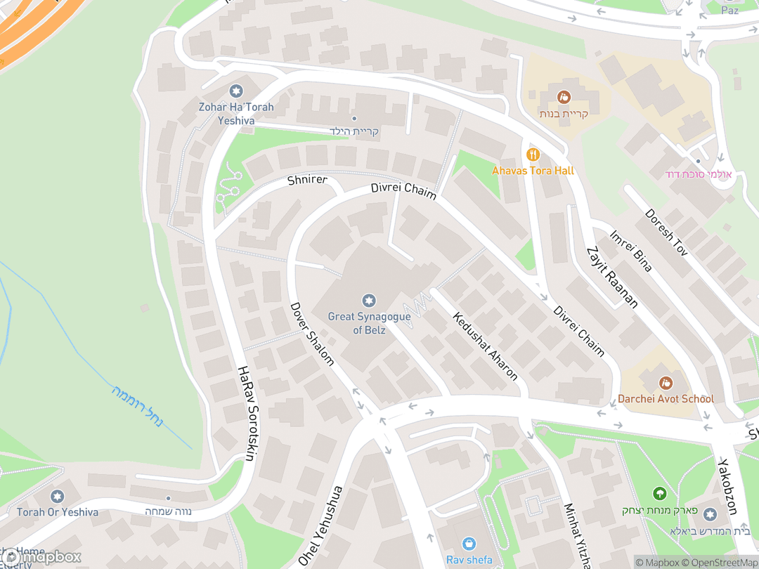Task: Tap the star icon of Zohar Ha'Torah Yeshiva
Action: [235, 91]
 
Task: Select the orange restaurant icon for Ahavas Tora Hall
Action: [533, 154]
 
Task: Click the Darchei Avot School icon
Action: [665, 383]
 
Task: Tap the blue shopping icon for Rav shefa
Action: [469, 544]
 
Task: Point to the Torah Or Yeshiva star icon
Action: [58, 497]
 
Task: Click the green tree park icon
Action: [659, 494]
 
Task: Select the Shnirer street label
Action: [307, 180]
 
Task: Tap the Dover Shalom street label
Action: [311, 334]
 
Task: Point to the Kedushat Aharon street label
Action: [486, 346]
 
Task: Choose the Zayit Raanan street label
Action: [611, 277]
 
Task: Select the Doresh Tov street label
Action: [665, 231]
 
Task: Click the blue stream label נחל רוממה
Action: [137, 407]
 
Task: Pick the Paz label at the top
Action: [730, 10]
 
